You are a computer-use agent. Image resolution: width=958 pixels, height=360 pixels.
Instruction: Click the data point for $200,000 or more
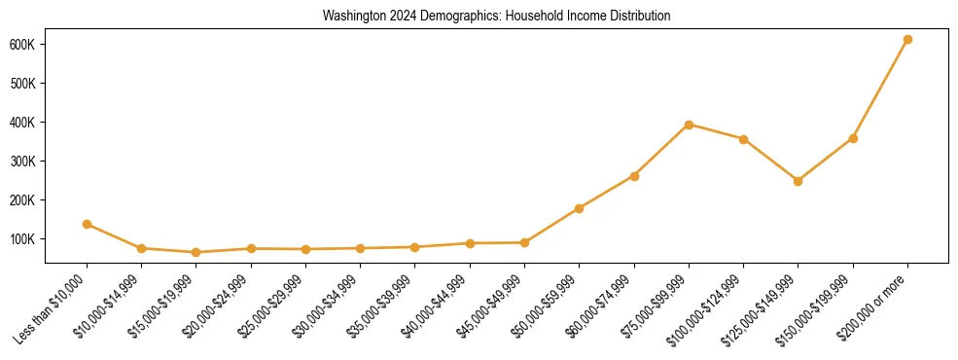[907, 40]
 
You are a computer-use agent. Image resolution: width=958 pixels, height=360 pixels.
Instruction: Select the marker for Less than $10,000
[88, 224]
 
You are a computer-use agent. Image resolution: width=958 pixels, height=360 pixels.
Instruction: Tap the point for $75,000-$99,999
[689, 125]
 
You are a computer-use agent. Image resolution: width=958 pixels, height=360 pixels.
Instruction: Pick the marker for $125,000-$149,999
[798, 181]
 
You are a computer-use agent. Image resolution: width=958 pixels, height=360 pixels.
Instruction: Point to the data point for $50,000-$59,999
[580, 208]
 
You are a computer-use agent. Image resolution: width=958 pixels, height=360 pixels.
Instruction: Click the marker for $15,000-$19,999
[196, 252]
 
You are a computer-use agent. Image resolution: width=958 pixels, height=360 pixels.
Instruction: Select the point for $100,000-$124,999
[744, 139]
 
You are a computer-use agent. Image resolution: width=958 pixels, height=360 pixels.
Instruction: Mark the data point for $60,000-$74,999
[634, 176]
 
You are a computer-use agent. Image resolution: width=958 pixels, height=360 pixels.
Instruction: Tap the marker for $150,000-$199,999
[853, 138]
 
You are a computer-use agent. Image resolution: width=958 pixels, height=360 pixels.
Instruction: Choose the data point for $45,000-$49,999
[525, 242]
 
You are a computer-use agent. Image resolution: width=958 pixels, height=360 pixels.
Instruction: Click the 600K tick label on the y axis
[23, 45]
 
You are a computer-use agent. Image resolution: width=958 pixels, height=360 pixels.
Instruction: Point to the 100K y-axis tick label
[23, 239]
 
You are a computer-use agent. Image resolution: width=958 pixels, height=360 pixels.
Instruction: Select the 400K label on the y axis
[23, 123]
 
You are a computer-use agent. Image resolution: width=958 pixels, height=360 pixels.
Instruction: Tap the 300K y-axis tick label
[23, 162]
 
